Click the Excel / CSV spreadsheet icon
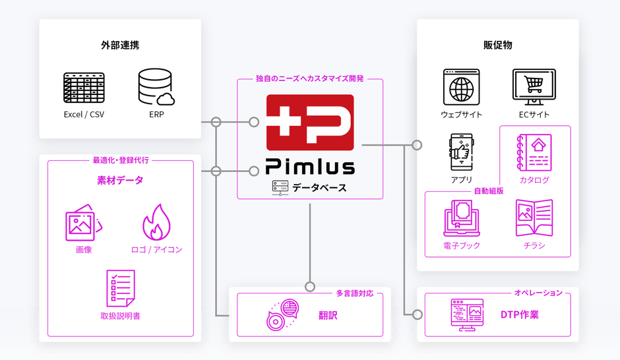pos(84,88)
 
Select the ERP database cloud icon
pos(156,87)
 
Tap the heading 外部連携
pos(120,45)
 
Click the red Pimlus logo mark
pos(310,123)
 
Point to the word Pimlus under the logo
pos(310,166)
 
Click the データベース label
pos(319,188)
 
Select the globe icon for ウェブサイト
pos(461,87)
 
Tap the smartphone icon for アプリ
pos(461,153)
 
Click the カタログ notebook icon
pos(534,153)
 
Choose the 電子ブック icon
pos(462,218)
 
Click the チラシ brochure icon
pos(534,218)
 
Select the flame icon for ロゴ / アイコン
pos(156,222)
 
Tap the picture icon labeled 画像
pos(84,223)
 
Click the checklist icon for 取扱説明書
pos(120,288)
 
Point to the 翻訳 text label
pos(328,315)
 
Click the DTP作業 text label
pos(520,315)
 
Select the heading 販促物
pos(498,45)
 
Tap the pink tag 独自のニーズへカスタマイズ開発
pos(310,78)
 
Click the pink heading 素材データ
pos(120,180)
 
